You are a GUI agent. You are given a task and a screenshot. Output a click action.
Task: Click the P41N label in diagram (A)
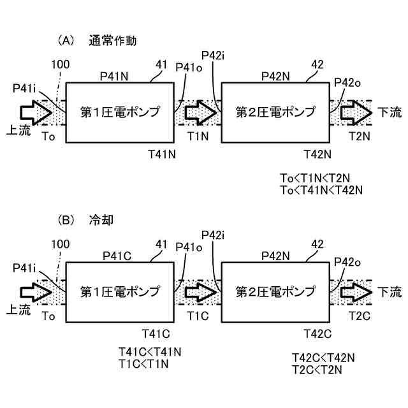[x=114, y=76]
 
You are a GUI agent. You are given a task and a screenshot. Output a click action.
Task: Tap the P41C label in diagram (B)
[x=117, y=256]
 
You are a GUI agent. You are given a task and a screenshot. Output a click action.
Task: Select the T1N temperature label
[x=198, y=136]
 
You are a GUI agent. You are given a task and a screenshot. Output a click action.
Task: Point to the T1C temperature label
[x=198, y=316]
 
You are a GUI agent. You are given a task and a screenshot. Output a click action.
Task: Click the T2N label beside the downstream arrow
[x=360, y=136]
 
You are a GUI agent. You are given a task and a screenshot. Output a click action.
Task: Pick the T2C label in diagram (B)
[x=360, y=316]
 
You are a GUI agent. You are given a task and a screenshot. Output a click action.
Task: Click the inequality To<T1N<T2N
[x=315, y=178]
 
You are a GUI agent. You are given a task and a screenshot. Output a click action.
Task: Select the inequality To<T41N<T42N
[x=321, y=190]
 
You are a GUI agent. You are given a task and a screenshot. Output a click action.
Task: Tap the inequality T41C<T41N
[x=150, y=352]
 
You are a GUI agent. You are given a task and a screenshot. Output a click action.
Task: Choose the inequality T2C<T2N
[x=317, y=370]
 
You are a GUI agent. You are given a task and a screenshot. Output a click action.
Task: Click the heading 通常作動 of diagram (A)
[x=113, y=41]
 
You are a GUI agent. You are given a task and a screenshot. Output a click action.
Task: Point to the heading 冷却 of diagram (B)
[x=101, y=220]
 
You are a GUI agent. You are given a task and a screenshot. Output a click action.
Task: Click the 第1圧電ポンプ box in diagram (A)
[x=120, y=113]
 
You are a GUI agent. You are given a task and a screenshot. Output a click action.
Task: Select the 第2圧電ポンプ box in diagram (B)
[x=275, y=292]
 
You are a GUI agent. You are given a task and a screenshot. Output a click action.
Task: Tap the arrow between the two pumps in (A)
[x=201, y=113]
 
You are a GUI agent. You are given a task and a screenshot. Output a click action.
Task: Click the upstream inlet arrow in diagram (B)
[x=36, y=292]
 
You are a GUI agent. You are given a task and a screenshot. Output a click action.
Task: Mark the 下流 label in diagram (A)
[x=390, y=112]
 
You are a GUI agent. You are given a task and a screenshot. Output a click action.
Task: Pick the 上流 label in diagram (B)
[x=18, y=309]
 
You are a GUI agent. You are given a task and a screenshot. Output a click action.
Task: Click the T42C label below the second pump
[x=317, y=334]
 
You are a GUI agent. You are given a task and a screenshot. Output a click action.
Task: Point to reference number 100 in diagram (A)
[x=61, y=64]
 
